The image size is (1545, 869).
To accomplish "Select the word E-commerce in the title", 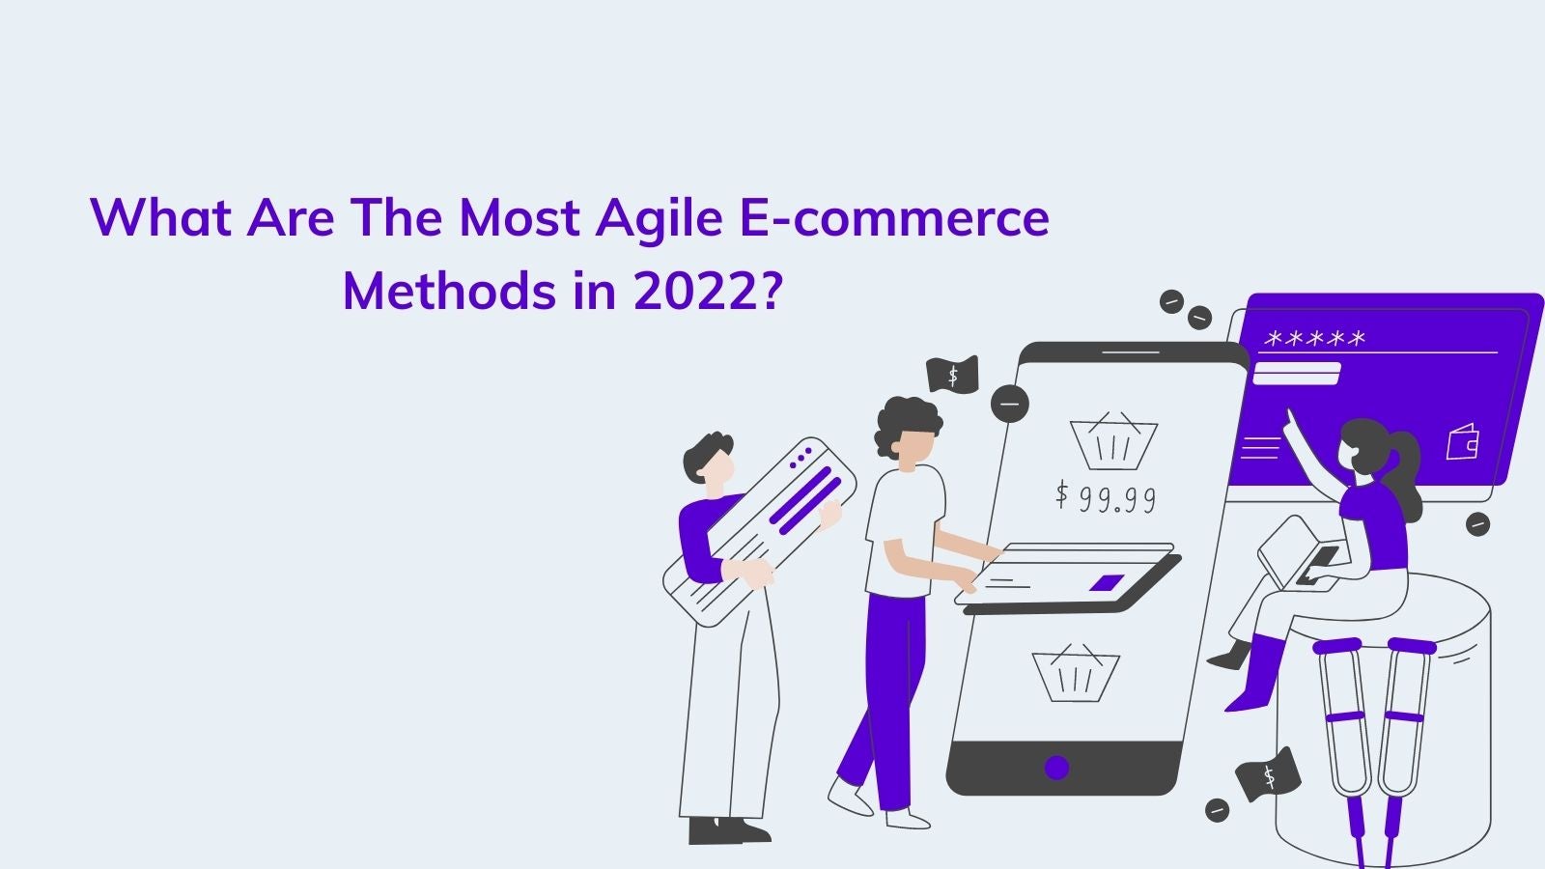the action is pyautogui.click(x=894, y=217).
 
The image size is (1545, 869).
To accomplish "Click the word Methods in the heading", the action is pyautogui.click(x=449, y=290).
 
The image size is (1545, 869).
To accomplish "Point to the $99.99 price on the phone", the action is pyautogui.click(x=1106, y=497).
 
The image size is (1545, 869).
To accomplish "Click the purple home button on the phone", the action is pyautogui.click(x=1056, y=768).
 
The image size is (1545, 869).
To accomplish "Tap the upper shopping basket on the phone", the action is pyautogui.click(x=1113, y=441).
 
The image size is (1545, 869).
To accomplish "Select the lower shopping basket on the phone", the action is pyautogui.click(x=1076, y=673).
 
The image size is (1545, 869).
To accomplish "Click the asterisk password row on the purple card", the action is pyautogui.click(x=1314, y=339).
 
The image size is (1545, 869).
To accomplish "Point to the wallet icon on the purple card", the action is pyautogui.click(x=1462, y=442).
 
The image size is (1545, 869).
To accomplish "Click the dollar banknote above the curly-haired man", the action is pyautogui.click(x=952, y=375).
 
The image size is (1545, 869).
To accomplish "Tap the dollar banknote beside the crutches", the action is pyautogui.click(x=1268, y=775).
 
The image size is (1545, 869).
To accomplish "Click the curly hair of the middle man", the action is pyautogui.click(x=907, y=421).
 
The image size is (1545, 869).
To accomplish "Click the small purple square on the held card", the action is pyautogui.click(x=1107, y=583).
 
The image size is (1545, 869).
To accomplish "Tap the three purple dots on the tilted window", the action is pyautogui.click(x=801, y=458).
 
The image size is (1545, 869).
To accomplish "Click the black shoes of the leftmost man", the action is pyautogui.click(x=729, y=830).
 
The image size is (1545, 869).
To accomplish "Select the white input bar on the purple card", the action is pyautogui.click(x=1296, y=373).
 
